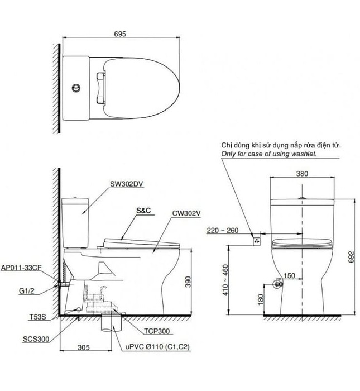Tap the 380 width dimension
(x=303, y=173)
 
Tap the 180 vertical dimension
(x=261, y=299)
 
